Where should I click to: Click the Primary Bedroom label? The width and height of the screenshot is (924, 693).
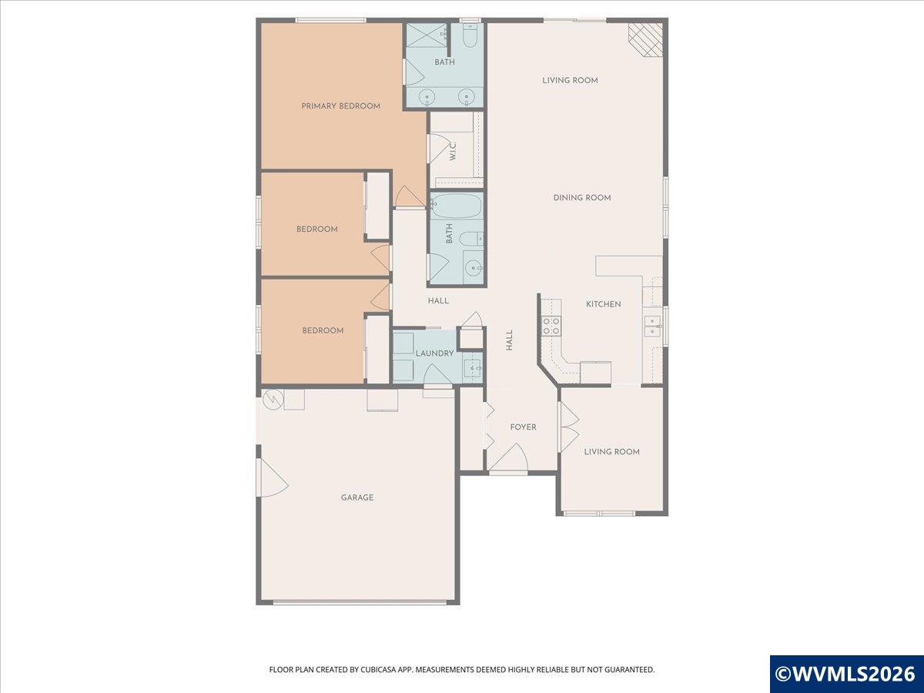click(340, 106)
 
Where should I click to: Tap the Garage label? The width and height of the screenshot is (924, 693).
click(357, 497)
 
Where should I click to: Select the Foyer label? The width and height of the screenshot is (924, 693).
click(523, 427)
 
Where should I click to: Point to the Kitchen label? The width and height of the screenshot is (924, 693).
click(603, 304)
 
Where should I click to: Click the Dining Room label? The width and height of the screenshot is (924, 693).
click(582, 197)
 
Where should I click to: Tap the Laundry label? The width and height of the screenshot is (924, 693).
click(434, 353)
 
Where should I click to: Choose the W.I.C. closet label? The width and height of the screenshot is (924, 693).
click(453, 151)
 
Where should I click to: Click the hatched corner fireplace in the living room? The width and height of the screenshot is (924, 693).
click(646, 39)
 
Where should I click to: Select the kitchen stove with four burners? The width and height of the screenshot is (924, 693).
click(551, 326)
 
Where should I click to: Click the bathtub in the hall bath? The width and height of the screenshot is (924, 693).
click(457, 206)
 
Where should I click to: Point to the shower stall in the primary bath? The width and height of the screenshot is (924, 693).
click(426, 35)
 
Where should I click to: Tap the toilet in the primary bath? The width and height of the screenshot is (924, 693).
click(470, 36)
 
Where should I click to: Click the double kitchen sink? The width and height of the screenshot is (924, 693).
click(652, 326)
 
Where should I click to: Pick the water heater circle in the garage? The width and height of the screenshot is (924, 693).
click(273, 400)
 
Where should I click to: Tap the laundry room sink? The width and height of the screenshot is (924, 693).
click(473, 368)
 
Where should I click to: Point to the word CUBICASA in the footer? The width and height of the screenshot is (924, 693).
click(379, 669)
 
